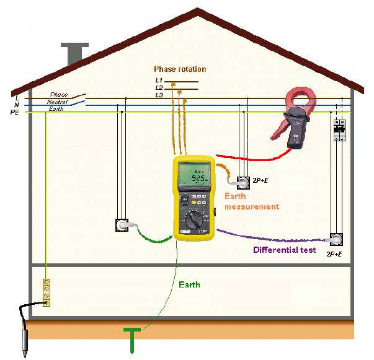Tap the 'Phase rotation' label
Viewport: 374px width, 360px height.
point(180,69)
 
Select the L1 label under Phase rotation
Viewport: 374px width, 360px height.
point(159,80)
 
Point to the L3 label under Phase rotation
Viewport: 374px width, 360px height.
point(159,95)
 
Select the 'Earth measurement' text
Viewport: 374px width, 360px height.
point(251,201)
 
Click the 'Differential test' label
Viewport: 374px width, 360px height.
point(284,250)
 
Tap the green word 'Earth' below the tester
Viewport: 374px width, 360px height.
point(189,284)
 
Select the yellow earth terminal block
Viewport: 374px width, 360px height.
point(45,292)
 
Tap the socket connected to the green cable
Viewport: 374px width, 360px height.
point(122,224)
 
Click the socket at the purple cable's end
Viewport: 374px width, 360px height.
point(336,240)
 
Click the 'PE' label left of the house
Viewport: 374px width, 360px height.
point(14,112)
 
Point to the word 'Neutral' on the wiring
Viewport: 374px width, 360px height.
point(57,101)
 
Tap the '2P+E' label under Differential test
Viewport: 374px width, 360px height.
point(334,255)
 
